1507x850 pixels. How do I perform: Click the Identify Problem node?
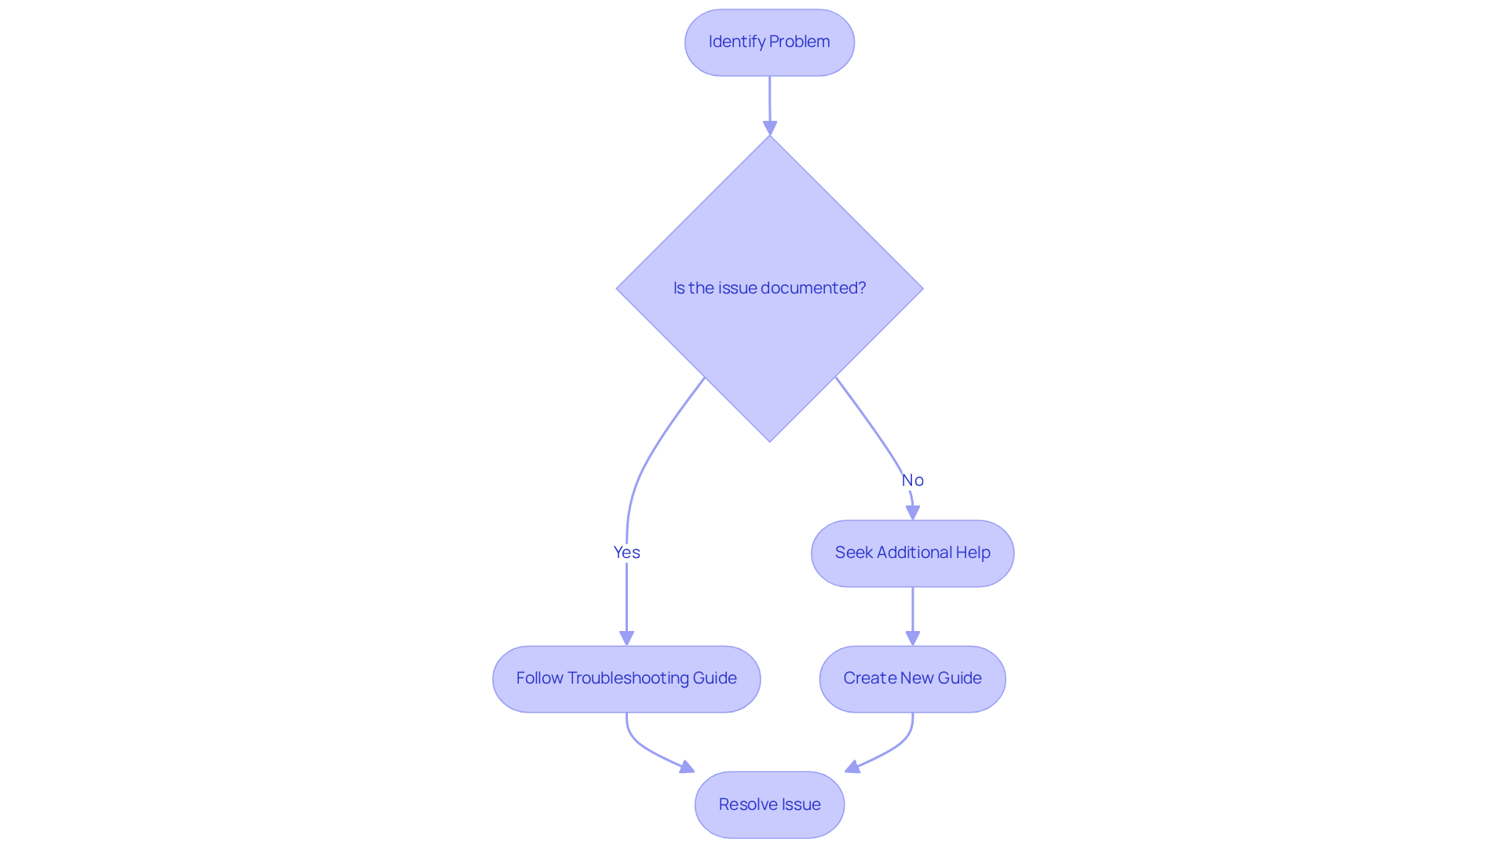coord(769,42)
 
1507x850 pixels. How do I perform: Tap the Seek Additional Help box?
coord(912,553)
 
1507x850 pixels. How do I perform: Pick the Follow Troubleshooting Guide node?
coord(626,679)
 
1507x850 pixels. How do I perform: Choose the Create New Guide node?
coord(912,679)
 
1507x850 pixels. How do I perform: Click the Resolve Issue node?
coord(769,804)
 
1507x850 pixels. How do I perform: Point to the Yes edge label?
coord(626,553)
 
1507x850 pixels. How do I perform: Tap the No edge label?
coord(912,480)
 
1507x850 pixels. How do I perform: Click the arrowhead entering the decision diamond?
coord(770,128)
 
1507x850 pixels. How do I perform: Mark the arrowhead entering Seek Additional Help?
coord(912,513)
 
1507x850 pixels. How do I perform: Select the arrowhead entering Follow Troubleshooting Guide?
coord(626,638)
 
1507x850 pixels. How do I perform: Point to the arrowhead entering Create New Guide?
coord(912,638)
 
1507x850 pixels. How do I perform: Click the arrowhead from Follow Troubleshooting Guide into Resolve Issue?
coord(688,767)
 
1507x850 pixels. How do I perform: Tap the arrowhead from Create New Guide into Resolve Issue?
coord(852,767)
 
